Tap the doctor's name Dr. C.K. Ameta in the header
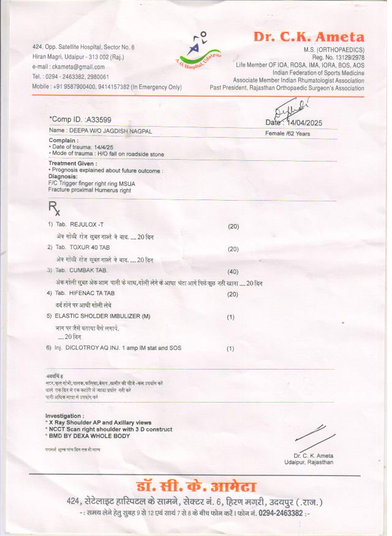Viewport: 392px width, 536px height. pos(309,37)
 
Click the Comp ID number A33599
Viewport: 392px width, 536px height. pos(99,119)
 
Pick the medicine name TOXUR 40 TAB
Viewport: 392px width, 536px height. pos(91,247)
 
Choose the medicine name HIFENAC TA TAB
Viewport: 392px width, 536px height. pos(92,294)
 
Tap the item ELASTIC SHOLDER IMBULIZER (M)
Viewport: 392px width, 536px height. pos(102,316)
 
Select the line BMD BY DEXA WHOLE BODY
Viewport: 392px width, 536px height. pos(89,436)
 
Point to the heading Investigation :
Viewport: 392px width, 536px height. pos(66,416)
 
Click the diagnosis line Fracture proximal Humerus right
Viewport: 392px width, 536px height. pos(89,190)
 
